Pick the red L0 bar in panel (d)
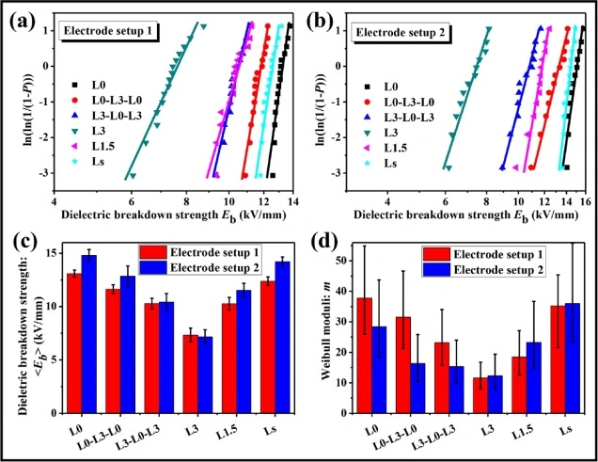(364, 347)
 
